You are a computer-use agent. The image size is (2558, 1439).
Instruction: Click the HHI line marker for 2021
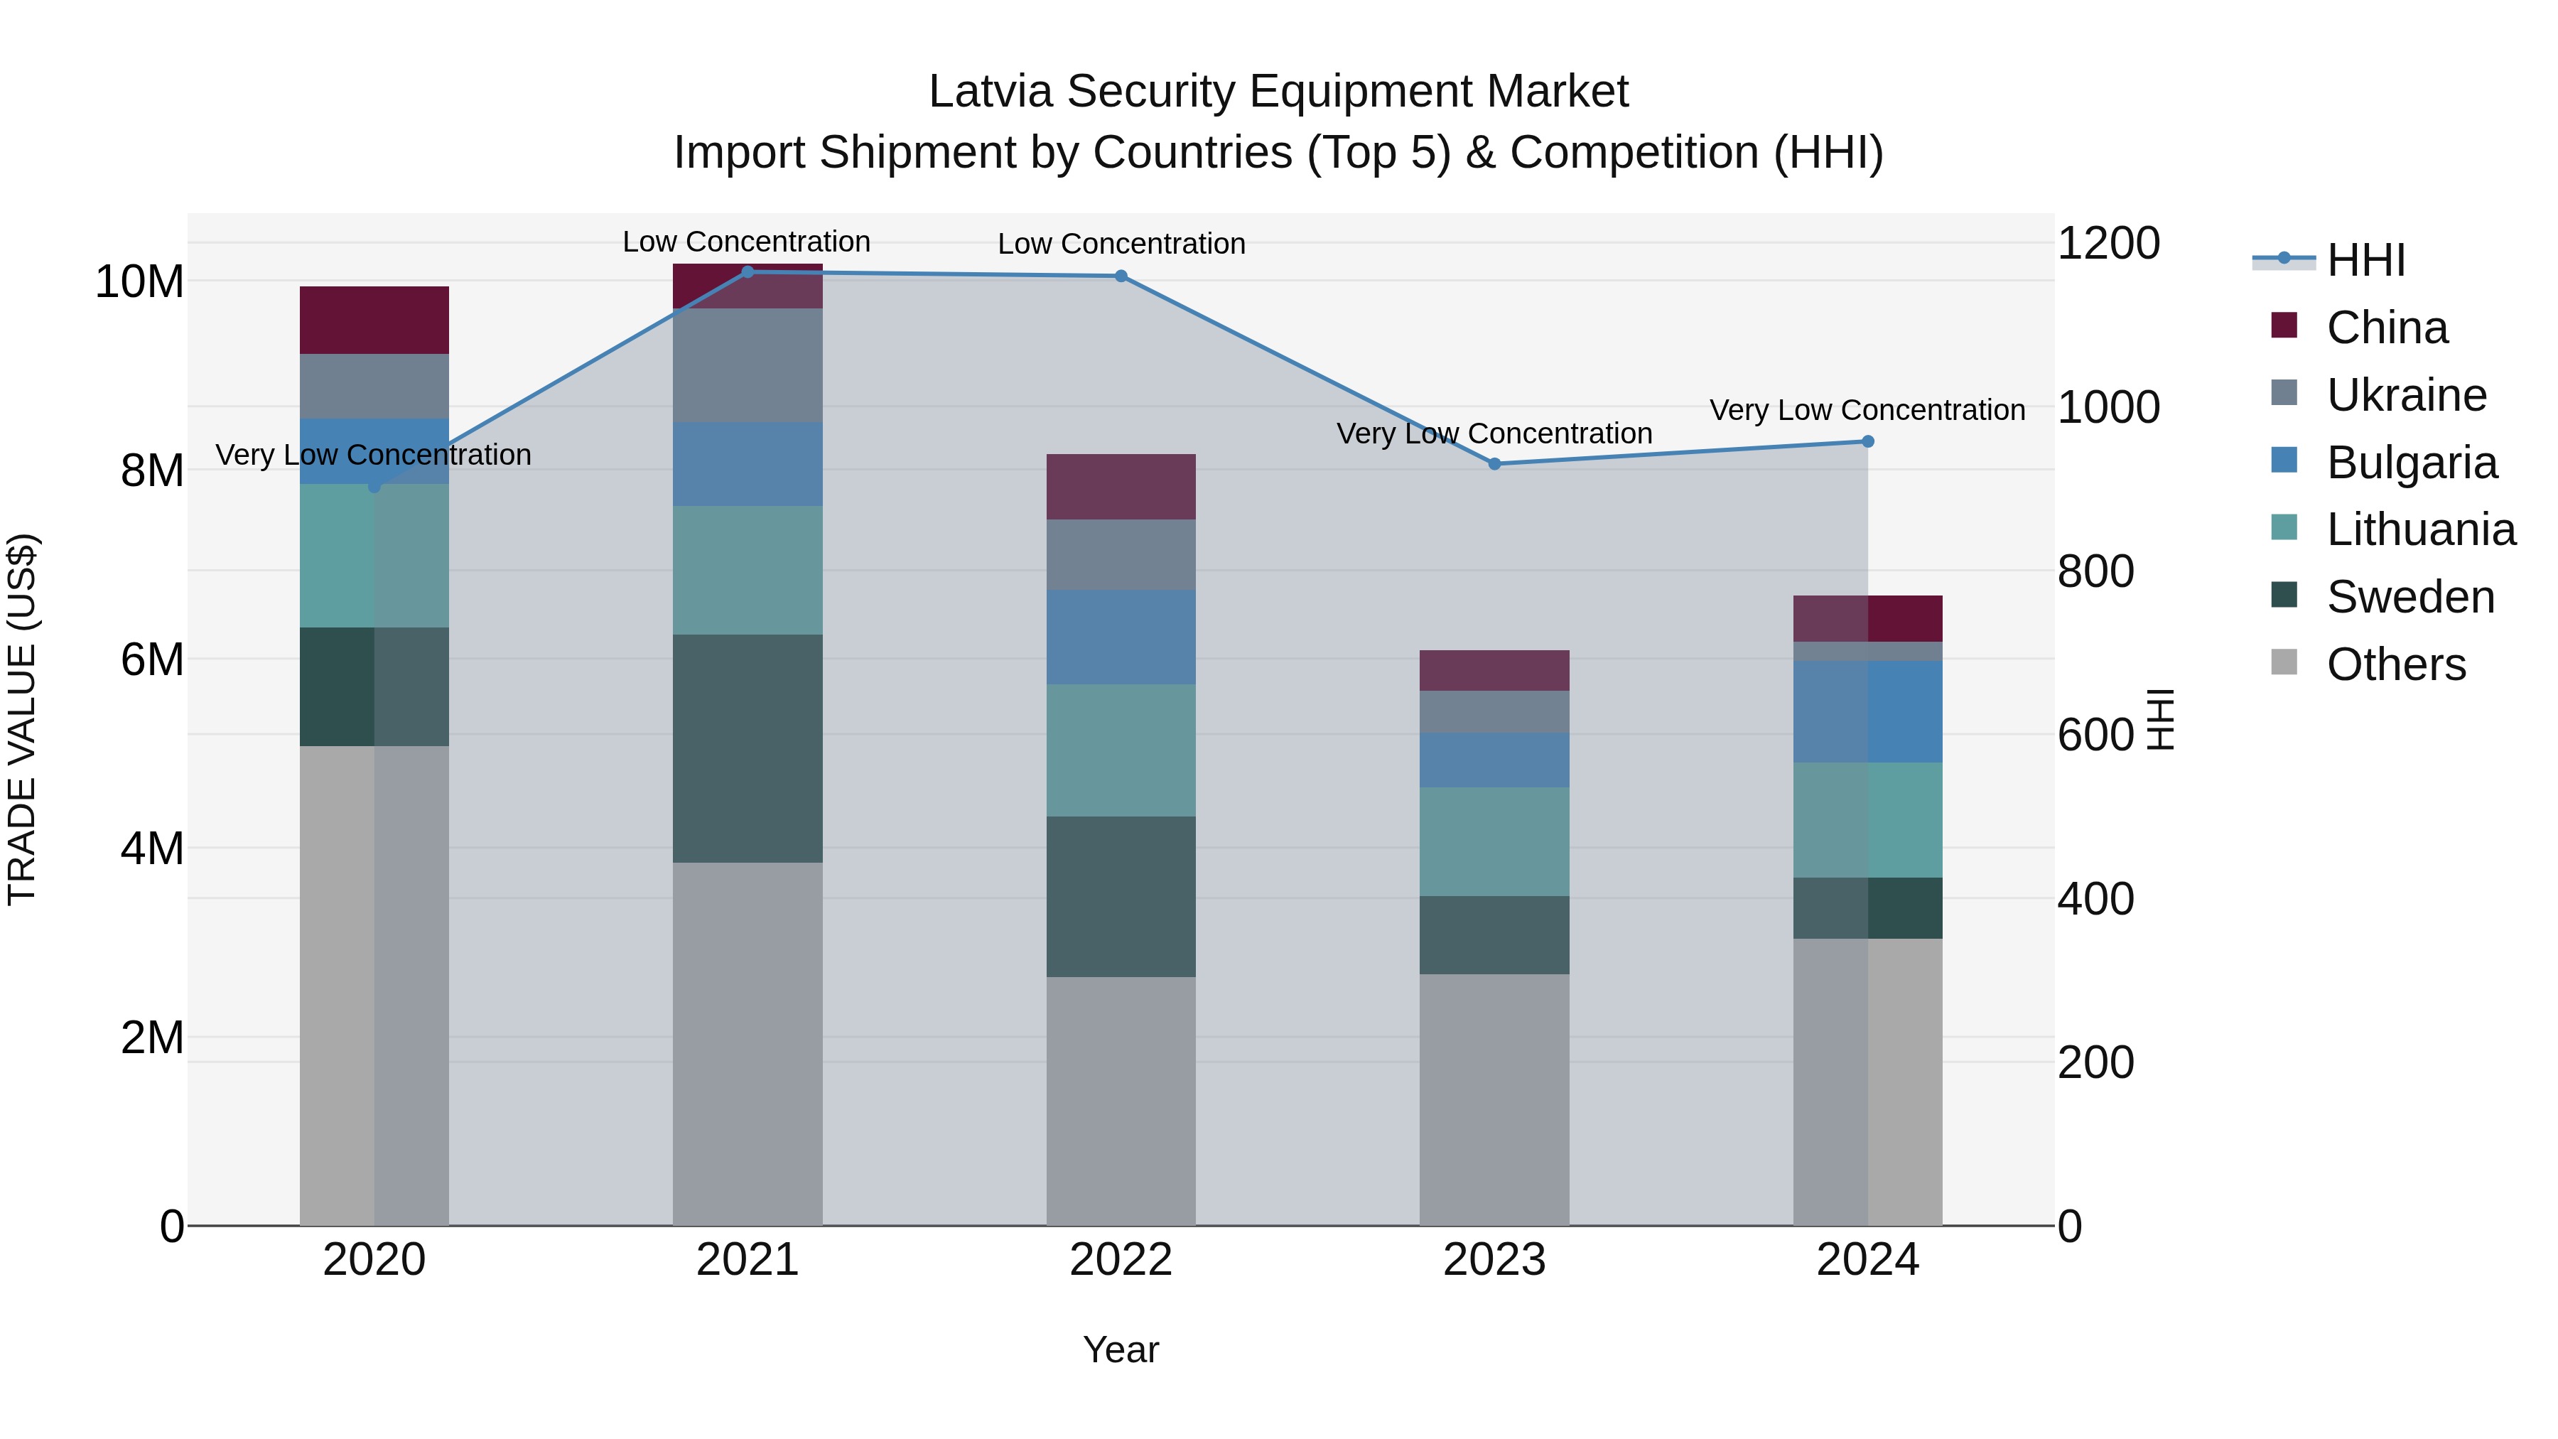(748, 272)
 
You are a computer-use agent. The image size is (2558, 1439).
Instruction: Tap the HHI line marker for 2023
(1494, 464)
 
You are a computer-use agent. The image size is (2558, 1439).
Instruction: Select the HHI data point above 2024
(1868, 441)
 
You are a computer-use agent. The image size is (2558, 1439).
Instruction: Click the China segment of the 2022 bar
(1121, 487)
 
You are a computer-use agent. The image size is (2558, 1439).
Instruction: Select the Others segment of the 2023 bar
(1494, 1099)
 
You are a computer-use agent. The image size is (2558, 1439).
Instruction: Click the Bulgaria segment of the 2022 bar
(1121, 637)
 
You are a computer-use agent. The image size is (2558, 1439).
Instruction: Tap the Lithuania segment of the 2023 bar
(1494, 841)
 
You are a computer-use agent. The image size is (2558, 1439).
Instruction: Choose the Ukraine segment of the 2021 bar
(748, 365)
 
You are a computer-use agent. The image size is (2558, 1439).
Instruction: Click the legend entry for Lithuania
(2420, 529)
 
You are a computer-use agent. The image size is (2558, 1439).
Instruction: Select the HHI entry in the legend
(2365, 260)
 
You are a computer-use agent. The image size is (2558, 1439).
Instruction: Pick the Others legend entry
(2395, 664)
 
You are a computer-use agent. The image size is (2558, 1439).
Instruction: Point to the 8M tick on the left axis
(152, 470)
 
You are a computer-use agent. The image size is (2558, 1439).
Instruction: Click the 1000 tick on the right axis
(2108, 407)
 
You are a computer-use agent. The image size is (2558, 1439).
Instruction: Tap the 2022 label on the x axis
(1121, 1260)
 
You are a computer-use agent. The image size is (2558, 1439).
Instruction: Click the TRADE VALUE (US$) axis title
(22, 719)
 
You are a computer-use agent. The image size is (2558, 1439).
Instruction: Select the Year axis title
(1121, 1349)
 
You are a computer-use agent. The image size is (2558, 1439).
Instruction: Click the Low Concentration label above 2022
(1121, 243)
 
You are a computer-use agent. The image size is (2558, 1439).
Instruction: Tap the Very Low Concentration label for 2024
(1867, 410)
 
